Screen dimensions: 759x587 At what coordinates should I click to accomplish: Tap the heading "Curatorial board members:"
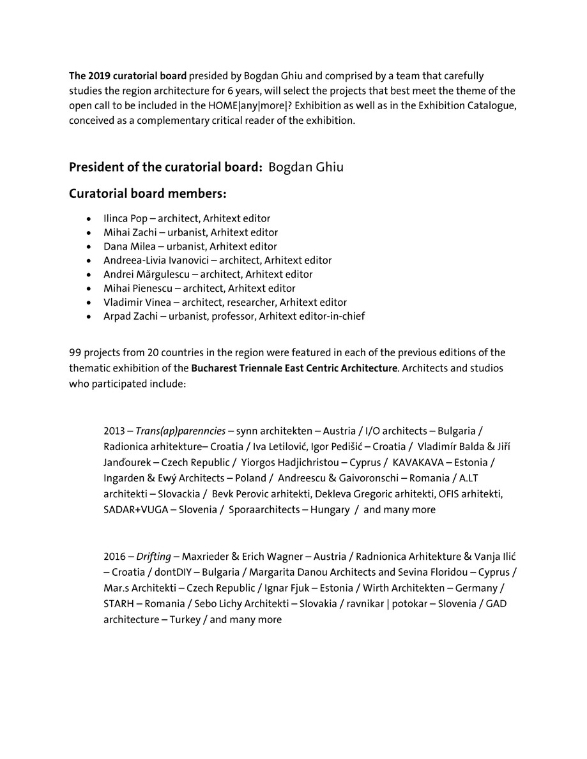(148, 193)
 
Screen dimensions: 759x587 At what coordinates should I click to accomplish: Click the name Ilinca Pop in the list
(125, 218)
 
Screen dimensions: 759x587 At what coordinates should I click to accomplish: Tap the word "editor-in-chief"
(333, 317)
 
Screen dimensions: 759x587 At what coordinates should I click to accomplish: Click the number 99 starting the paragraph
(75, 353)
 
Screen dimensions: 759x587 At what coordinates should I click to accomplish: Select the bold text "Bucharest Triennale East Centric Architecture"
(294, 368)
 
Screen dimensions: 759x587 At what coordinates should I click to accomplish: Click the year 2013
(114, 432)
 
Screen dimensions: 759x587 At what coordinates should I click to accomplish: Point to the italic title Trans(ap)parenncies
(180, 432)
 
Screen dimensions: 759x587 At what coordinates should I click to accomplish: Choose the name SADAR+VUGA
(133, 510)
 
